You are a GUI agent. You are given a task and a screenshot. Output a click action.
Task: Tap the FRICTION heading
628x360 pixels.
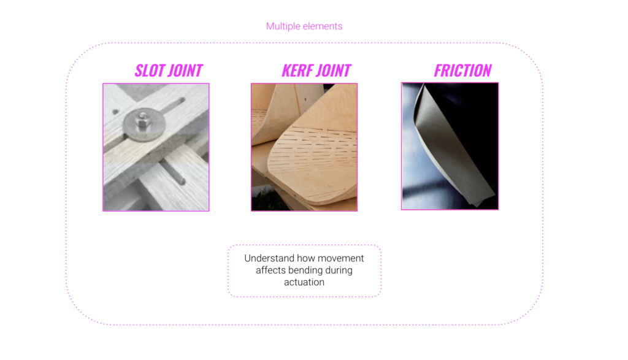462,71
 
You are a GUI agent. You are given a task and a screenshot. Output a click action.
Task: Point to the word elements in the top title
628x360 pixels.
323,26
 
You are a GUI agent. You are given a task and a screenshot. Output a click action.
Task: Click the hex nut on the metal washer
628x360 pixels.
142,120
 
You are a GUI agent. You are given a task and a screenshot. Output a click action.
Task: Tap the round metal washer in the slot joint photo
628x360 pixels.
144,124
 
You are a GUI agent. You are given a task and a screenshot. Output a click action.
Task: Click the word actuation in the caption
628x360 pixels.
304,282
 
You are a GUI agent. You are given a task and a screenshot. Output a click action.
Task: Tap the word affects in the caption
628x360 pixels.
270,270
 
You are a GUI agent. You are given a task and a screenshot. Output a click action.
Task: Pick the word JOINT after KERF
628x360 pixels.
333,71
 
